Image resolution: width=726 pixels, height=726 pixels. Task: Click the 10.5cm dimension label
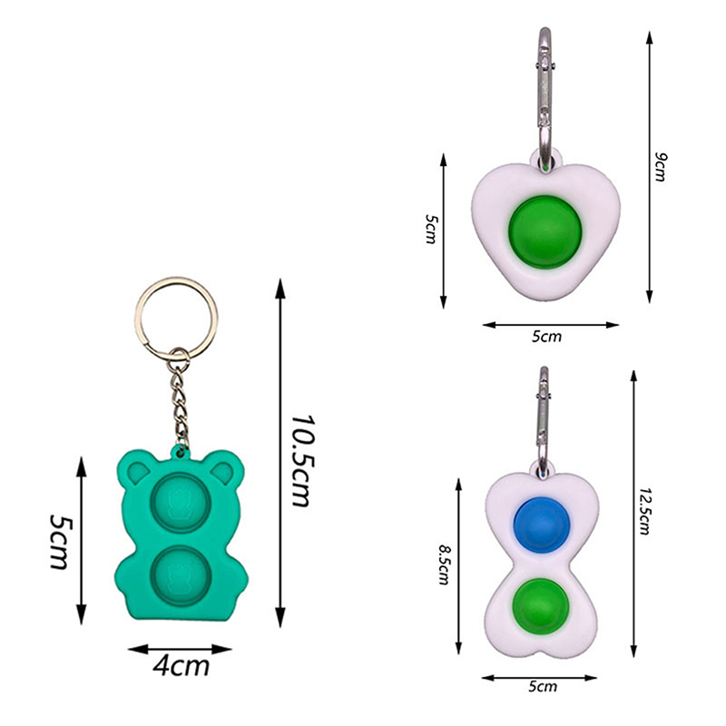click(303, 461)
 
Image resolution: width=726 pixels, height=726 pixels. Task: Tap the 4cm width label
click(181, 666)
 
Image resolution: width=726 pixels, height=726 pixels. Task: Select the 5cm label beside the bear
click(61, 541)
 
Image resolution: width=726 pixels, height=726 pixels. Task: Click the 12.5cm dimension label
click(644, 511)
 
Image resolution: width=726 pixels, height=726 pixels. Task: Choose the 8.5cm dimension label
click(444, 564)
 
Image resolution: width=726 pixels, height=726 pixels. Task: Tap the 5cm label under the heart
click(546, 337)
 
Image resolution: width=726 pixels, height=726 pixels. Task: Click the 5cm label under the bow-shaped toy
click(543, 686)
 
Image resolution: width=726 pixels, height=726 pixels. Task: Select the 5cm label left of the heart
click(430, 229)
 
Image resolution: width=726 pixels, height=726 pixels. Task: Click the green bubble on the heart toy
click(545, 232)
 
